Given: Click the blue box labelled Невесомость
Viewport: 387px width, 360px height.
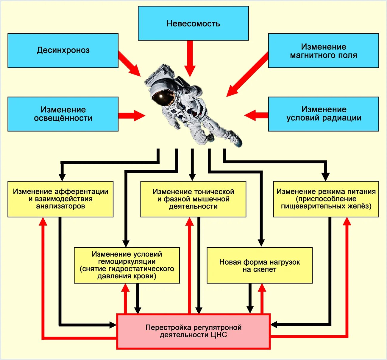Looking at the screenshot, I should point(193,23).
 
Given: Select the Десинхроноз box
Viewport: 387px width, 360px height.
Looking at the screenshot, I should point(63,50).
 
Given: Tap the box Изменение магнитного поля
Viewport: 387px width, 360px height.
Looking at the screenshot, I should point(323,51).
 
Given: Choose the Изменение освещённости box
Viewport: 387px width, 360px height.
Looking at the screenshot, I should point(63,114).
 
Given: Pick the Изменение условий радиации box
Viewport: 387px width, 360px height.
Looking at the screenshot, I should point(323,114).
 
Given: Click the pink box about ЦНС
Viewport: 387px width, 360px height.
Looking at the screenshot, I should point(193,331).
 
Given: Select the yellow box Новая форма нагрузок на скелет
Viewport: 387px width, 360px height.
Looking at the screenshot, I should point(259,265).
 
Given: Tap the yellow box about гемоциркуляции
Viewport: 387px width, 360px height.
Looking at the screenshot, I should point(127,265).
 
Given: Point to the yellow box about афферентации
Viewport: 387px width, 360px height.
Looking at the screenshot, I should point(60,199).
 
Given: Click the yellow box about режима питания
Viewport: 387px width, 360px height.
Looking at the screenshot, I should point(326,199).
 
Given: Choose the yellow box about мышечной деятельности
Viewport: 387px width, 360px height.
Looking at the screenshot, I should point(193,199).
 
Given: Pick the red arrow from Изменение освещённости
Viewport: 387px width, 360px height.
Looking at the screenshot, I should point(131,115).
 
